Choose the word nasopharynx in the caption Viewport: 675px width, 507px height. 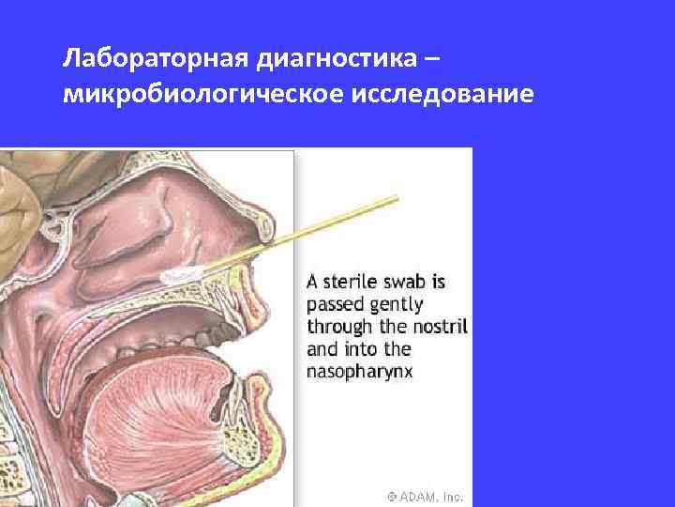360,371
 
